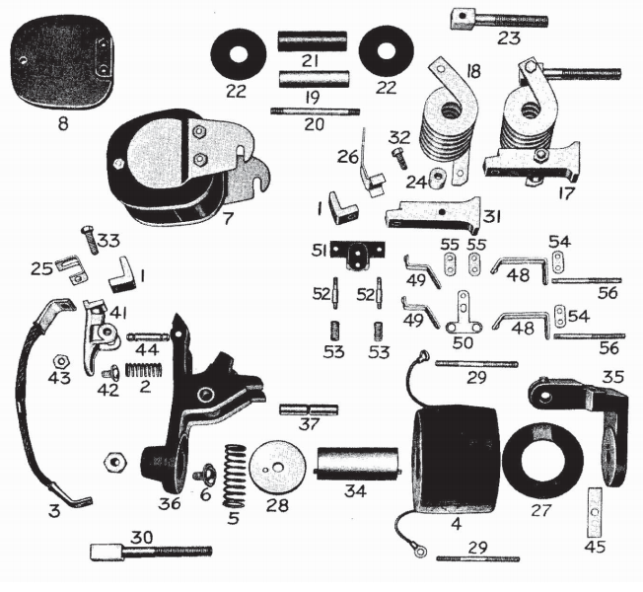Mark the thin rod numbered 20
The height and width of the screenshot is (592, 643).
tap(315, 111)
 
